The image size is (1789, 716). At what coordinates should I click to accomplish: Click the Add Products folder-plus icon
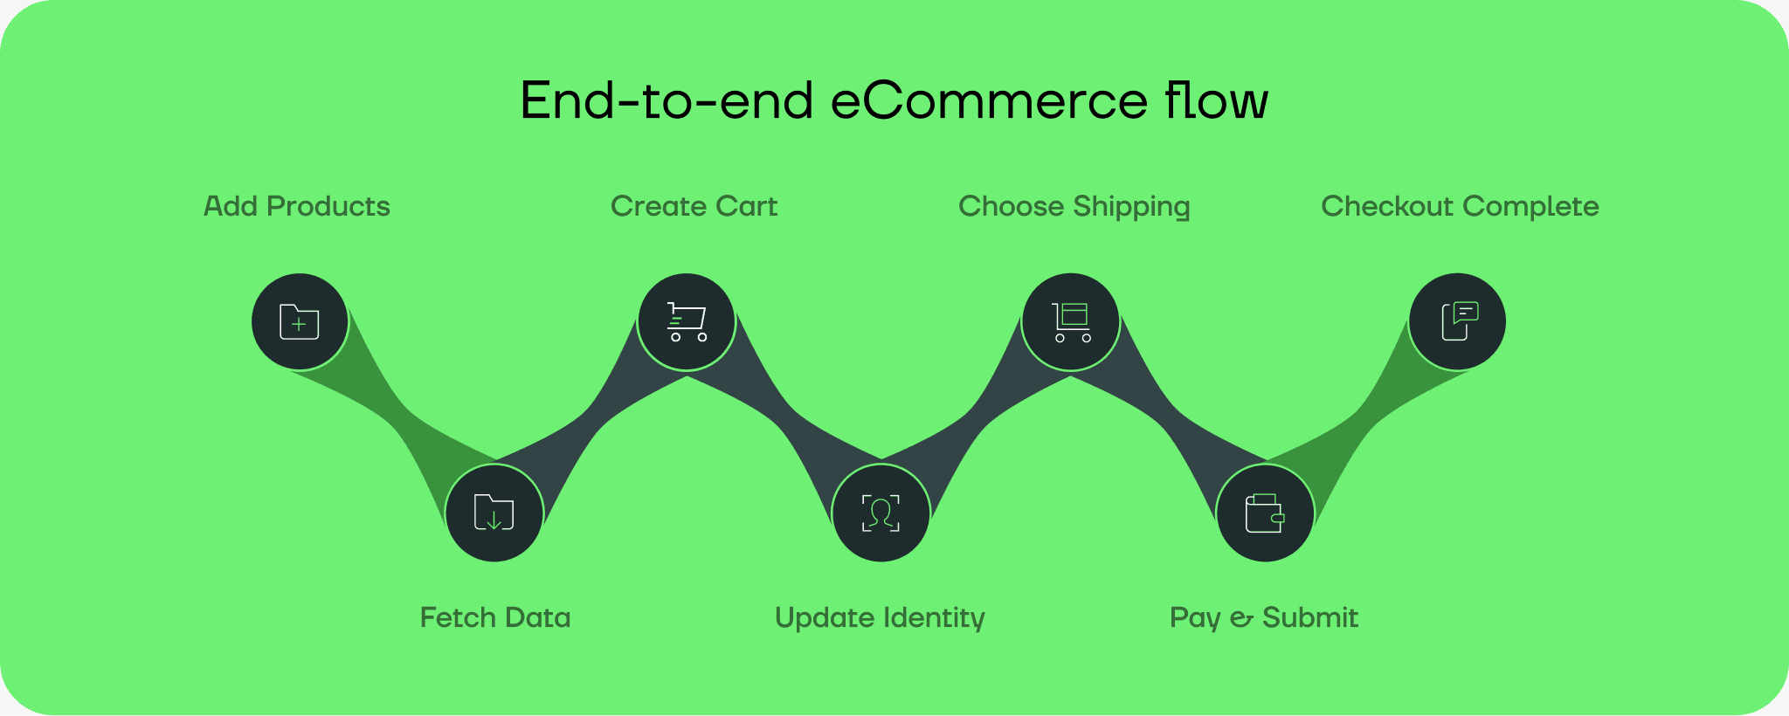(x=300, y=322)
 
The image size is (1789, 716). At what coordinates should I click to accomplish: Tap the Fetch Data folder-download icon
(x=494, y=513)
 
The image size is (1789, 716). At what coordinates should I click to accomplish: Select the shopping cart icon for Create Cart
(x=687, y=322)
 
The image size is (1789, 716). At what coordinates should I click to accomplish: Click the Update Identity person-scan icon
(x=881, y=513)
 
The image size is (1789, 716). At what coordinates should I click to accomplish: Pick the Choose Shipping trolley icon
(x=1071, y=322)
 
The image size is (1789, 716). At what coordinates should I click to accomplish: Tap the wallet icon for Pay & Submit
(x=1265, y=513)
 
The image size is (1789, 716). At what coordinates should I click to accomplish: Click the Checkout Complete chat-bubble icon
(x=1458, y=322)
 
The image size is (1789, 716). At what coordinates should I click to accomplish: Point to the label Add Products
(x=297, y=207)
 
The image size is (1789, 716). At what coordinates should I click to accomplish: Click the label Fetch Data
(x=495, y=618)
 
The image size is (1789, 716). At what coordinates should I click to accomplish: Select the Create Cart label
(x=694, y=207)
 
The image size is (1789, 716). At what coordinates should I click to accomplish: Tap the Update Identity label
(x=880, y=618)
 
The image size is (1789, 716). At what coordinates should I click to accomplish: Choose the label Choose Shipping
(x=1074, y=207)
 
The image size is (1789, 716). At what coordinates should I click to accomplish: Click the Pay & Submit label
(x=1264, y=618)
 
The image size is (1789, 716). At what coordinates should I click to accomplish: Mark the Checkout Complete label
(x=1460, y=207)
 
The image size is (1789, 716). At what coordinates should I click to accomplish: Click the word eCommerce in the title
(x=989, y=100)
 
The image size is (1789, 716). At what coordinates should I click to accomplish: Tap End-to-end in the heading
(x=667, y=100)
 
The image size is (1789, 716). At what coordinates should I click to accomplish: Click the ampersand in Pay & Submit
(x=1241, y=619)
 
